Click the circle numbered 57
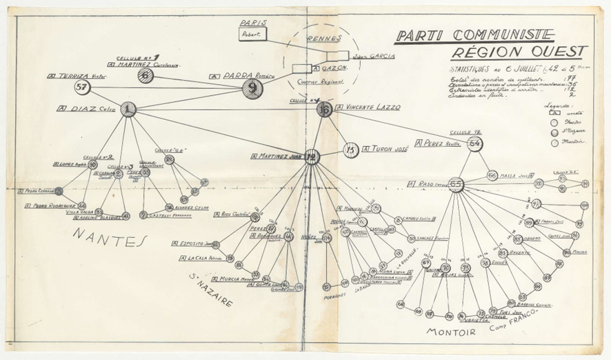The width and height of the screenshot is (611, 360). click(x=83, y=87)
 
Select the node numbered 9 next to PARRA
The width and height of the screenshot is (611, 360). click(x=252, y=88)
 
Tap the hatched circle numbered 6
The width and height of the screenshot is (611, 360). click(x=144, y=75)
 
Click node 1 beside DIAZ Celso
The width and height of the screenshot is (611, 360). click(x=128, y=108)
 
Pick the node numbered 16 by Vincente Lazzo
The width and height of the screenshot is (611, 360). click(x=324, y=109)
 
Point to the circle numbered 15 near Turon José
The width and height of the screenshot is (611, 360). click(x=351, y=150)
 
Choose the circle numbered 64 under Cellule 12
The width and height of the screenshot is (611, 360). click(x=474, y=143)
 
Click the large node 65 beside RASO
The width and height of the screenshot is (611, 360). click(x=457, y=184)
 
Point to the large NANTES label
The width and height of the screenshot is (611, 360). click(x=110, y=239)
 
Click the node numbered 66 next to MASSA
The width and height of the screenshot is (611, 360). click(x=492, y=176)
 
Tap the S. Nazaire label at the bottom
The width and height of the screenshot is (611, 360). click(x=210, y=290)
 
